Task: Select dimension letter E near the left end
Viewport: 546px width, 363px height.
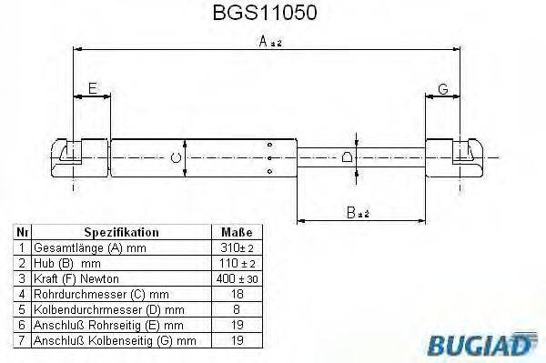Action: [x=92, y=88]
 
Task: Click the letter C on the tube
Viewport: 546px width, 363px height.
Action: [x=176, y=158]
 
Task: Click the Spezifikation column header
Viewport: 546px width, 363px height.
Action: [x=121, y=233]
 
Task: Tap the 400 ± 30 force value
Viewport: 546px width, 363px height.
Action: [x=233, y=277]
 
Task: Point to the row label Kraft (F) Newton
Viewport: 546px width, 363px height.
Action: [x=76, y=277]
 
